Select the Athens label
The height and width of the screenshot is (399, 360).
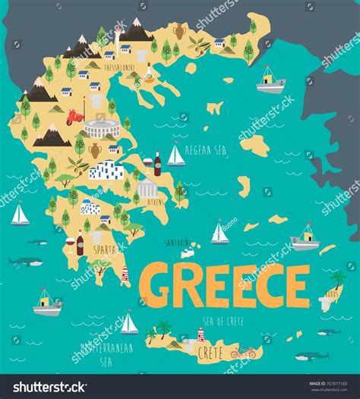coord(155,203)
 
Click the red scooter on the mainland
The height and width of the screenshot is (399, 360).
coord(74,118)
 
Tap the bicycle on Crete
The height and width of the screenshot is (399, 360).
coord(243,352)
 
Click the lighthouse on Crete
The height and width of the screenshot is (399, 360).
coord(201,334)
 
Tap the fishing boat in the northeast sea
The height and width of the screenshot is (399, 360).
coord(269,81)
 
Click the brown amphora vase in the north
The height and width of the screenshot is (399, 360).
coord(179,33)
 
